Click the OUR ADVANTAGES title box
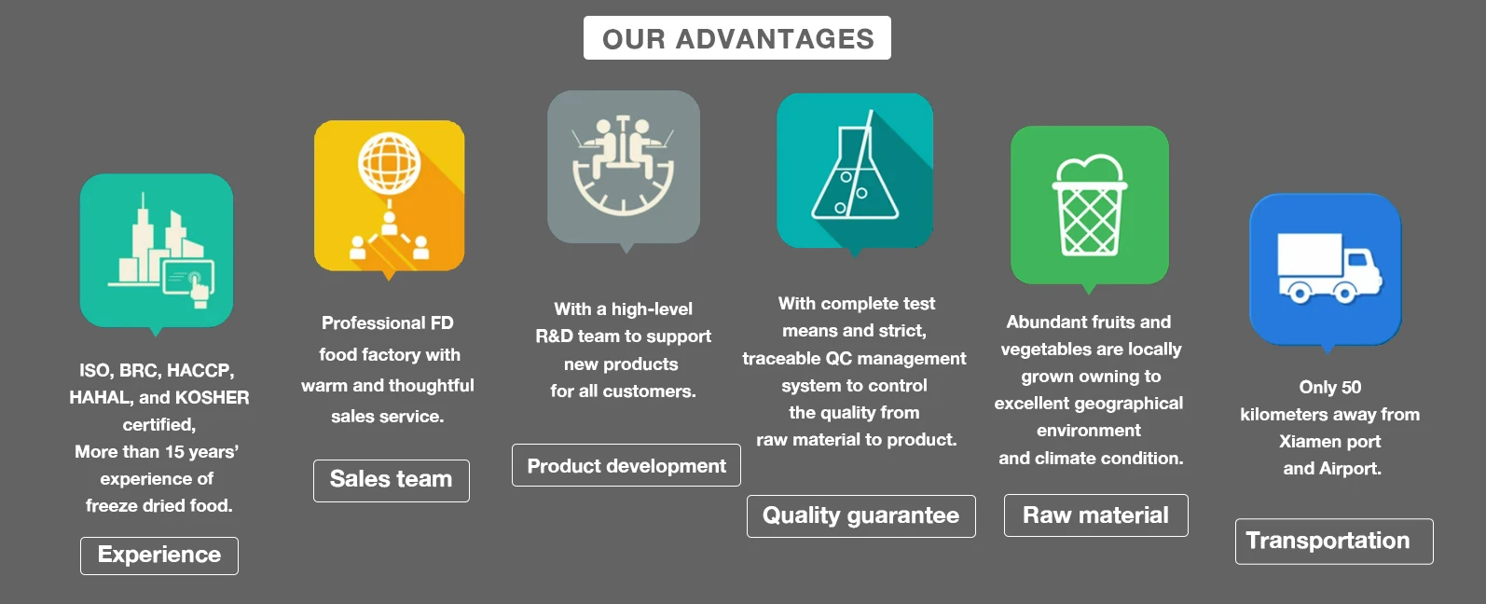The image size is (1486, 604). pyautogui.click(x=737, y=38)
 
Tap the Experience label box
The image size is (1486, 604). pyautogui.click(x=159, y=556)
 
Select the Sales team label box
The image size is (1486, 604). pyautogui.click(x=392, y=481)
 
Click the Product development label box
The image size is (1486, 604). pyautogui.click(x=626, y=465)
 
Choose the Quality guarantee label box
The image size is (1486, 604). pyautogui.click(x=861, y=515)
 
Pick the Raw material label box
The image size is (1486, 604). pyautogui.click(x=1096, y=515)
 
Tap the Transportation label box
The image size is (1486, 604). pyautogui.click(x=1334, y=541)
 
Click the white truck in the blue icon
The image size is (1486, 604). pyautogui.click(x=1329, y=268)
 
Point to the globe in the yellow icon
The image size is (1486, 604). pyautogui.click(x=390, y=164)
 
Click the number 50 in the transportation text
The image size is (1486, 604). pyautogui.click(x=1351, y=387)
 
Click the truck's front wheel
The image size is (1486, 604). pyautogui.click(x=1344, y=292)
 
